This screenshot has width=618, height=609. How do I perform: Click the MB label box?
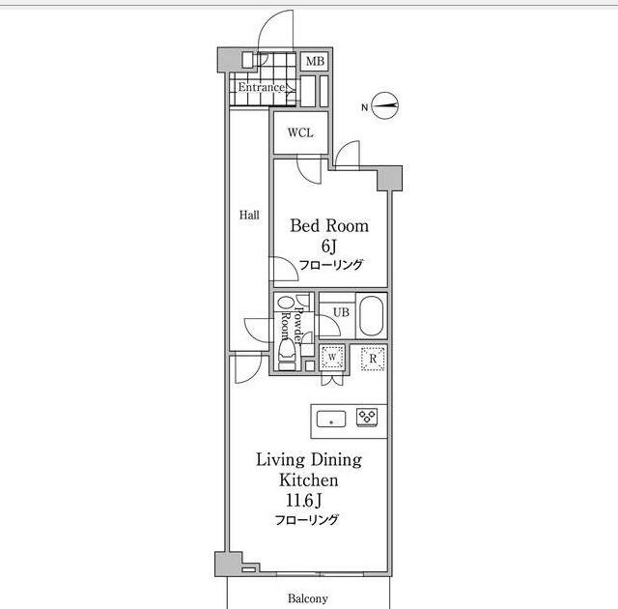tap(315, 61)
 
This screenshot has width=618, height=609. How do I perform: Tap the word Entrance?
tap(261, 87)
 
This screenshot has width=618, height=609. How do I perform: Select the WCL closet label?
tap(300, 132)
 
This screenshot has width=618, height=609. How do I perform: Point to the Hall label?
tap(249, 215)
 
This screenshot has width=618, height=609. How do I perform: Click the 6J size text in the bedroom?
tap(328, 246)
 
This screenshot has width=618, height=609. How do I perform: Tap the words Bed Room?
tap(329, 225)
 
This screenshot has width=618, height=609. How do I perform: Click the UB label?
tap(341, 312)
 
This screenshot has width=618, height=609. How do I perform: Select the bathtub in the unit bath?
tap(371, 316)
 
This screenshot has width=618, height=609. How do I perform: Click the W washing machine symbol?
tap(332, 358)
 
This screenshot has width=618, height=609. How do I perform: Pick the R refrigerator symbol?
tap(373, 359)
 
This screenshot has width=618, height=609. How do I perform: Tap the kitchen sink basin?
tap(331, 419)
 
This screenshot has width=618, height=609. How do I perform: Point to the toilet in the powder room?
tap(287, 354)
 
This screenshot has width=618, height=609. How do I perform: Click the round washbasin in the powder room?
tap(283, 303)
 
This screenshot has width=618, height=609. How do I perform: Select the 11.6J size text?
tap(304, 501)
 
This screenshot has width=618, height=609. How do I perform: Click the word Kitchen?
tap(309, 480)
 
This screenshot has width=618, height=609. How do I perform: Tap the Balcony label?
tap(308, 598)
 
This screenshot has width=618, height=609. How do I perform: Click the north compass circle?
tap(385, 105)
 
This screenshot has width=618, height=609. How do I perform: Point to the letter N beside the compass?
tap(365, 107)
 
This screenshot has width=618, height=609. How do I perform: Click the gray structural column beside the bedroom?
tap(390, 178)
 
